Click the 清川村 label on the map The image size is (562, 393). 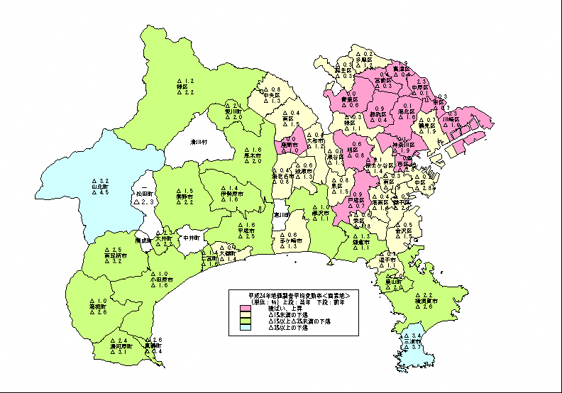point(198,142)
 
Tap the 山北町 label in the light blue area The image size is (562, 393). point(99,187)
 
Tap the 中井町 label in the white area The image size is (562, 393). point(192,238)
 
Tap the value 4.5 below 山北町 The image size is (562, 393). point(104,193)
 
